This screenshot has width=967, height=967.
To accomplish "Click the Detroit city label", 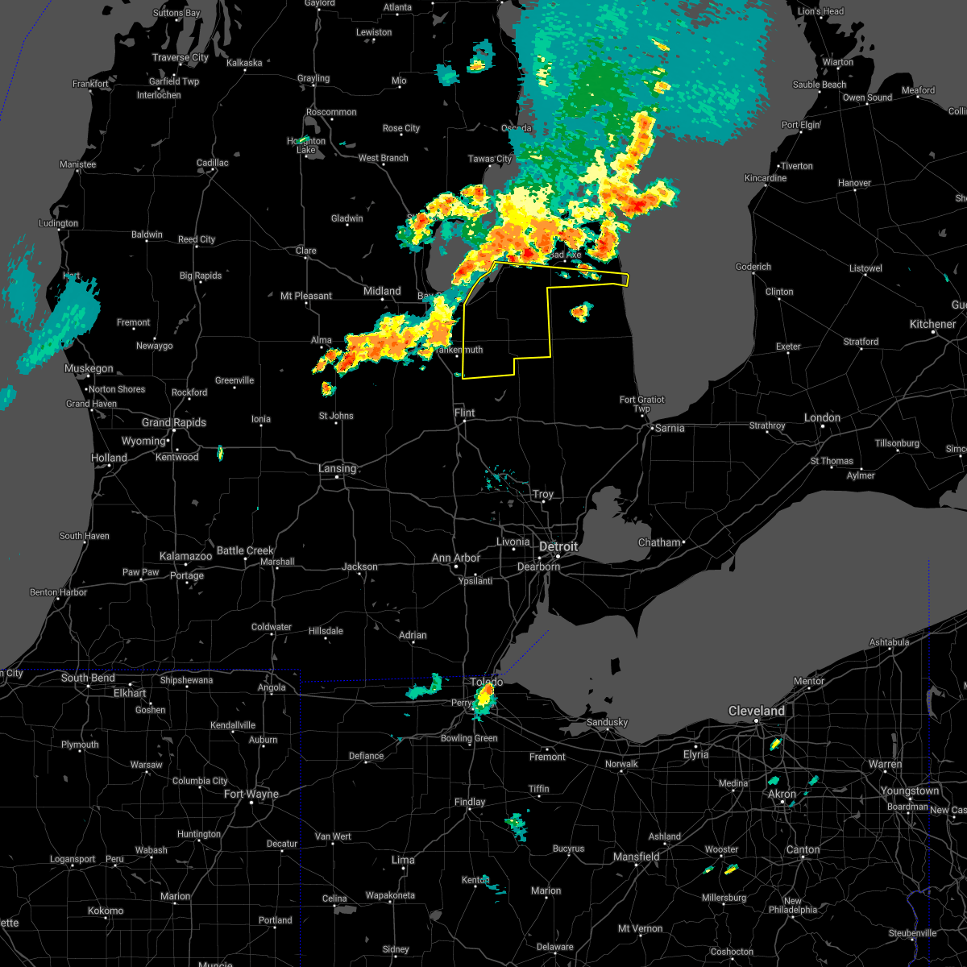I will click(x=558, y=546).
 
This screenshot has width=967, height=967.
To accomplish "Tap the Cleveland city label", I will click(x=756, y=711).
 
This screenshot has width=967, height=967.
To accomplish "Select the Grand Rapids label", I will click(x=174, y=422).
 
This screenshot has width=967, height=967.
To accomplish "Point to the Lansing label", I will click(x=337, y=468).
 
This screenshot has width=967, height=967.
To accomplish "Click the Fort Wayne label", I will click(x=251, y=794).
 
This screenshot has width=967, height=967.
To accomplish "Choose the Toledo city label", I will click(x=487, y=682).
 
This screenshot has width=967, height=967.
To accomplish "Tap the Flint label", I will click(x=464, y=413).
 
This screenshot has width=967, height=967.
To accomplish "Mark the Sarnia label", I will click(x=670, y=428).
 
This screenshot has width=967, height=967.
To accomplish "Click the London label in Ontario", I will click(x=822, y=417).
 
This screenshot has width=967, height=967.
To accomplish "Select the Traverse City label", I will click(x=181, y=57).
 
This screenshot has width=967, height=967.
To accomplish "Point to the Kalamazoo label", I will click(x=185, y=557).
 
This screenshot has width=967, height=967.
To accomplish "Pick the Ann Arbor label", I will click(x=456, y=558).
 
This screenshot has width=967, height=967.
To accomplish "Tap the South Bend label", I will click(x=88, y=678).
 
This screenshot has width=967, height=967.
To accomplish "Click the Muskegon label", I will click(x=89, y=368).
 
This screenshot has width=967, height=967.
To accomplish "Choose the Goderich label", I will click(x=753, y=267).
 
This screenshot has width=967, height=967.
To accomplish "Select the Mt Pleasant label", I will click(x=306, y=296).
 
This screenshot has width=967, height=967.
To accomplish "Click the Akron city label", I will click(x=782, y=794).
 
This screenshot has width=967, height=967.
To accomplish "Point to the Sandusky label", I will click(x=607, y=722).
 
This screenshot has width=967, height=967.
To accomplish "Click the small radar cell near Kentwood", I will click(x=220, y=453).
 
